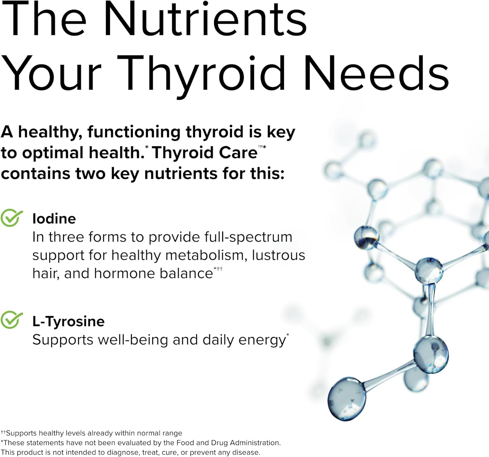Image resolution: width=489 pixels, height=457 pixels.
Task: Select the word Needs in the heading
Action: point(376,73)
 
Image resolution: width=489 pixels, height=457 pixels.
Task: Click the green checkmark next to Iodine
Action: point(11,218)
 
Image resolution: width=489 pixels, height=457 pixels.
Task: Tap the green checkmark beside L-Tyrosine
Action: point(11,320)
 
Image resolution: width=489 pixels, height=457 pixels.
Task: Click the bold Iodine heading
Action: point(54,219)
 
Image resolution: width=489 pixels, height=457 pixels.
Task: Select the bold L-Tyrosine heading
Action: point(68,321)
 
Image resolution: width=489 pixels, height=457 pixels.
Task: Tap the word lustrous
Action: point(278,255)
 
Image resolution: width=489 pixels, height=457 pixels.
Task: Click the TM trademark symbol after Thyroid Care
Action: point(260,147)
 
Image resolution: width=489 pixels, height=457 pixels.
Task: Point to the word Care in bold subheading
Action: point(238,153)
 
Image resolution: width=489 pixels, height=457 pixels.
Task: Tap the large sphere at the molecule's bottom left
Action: point(347,399)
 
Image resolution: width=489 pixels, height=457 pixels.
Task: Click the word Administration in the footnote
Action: point(255,443)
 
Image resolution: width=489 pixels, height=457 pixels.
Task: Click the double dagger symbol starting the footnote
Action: point(3,432)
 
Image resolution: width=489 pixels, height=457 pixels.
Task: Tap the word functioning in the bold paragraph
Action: point(134,132)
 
